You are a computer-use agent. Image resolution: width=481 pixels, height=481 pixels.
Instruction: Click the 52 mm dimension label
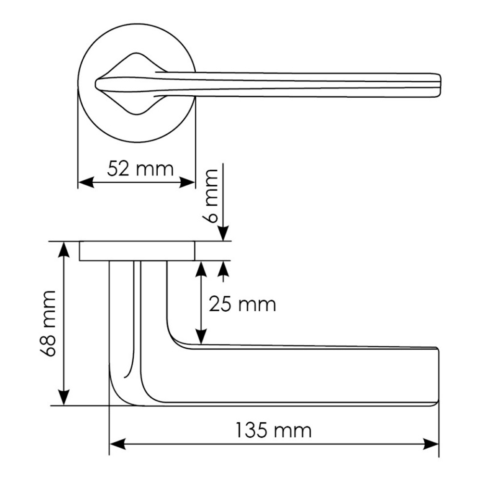[140, 169]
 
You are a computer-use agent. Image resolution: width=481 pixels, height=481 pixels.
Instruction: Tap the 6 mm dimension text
[210, 196]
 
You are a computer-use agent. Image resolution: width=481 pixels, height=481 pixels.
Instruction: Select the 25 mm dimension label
[242, 304]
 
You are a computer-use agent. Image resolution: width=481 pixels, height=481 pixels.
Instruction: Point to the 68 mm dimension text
[48, 324]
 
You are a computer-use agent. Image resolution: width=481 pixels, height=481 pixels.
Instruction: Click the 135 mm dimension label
[273, 430]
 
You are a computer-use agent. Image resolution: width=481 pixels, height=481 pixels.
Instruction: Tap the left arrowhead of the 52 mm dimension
[86, 182]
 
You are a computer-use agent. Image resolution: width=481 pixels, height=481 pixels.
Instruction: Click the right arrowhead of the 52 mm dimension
[187, 182]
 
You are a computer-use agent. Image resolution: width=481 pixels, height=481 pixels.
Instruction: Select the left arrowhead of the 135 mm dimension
[117, 444]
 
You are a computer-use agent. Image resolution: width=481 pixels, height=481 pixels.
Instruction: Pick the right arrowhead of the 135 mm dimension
[431, 444]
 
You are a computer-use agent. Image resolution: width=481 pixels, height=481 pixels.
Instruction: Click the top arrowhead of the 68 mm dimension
[64, 249]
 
